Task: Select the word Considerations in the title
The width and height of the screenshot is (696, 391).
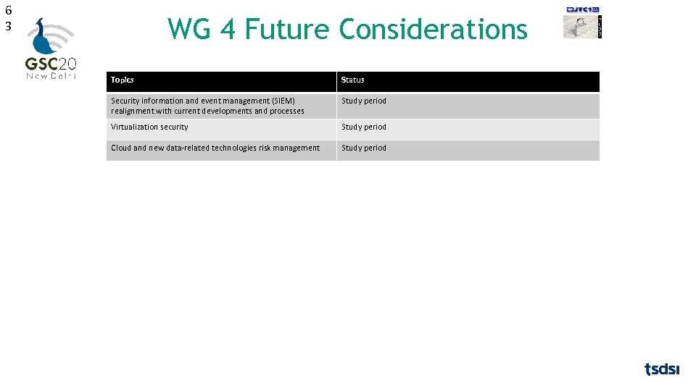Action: click(433, 30)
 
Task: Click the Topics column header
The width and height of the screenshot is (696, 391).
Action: click(123, 80)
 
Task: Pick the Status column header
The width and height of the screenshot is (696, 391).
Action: click(353, 80)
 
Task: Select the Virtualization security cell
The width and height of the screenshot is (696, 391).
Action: click(149, 127)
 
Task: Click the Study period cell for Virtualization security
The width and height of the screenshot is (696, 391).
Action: click(364, 127)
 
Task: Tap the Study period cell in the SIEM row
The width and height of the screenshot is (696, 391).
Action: click(364, 101)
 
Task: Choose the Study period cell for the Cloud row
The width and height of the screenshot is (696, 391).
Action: click(364, 148)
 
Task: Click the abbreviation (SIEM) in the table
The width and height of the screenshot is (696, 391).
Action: click(283, 101)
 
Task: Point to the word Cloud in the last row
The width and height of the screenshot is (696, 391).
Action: click(121, 148)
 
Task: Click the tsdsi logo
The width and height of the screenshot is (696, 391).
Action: click(662, 369)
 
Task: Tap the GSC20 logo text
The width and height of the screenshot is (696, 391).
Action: click(51, 63)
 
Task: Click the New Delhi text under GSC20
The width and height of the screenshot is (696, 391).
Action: click(51, 76)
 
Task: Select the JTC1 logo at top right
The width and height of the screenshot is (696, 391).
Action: click(583, 9)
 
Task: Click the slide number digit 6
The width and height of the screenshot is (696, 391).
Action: click(8, 10)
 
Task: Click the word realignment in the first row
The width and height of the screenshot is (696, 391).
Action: click(131, 111)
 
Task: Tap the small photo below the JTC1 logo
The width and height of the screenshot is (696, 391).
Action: click(579, 26)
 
